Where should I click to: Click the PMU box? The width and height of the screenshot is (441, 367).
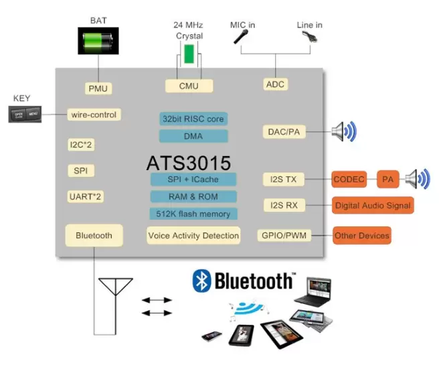click(97, 88)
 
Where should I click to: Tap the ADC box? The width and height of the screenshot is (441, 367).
click(276, 84)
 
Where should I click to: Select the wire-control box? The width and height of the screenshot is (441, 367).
click(93, 115)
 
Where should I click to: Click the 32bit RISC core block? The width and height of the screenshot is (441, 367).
click(193, 119)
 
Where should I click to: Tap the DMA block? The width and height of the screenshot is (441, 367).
click(193, 136)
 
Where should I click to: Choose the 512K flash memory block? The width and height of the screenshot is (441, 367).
click(193, 214)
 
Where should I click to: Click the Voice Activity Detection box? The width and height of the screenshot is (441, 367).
click(193, 235)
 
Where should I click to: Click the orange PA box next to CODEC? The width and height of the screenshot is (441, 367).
click(387, 179)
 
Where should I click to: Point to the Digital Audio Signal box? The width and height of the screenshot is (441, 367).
click(373, 205)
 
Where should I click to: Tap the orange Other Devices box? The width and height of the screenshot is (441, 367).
click(361, 236)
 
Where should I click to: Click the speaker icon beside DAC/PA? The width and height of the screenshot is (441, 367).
click(345, 131)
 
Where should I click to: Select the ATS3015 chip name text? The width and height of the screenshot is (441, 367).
click(189, 163)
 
